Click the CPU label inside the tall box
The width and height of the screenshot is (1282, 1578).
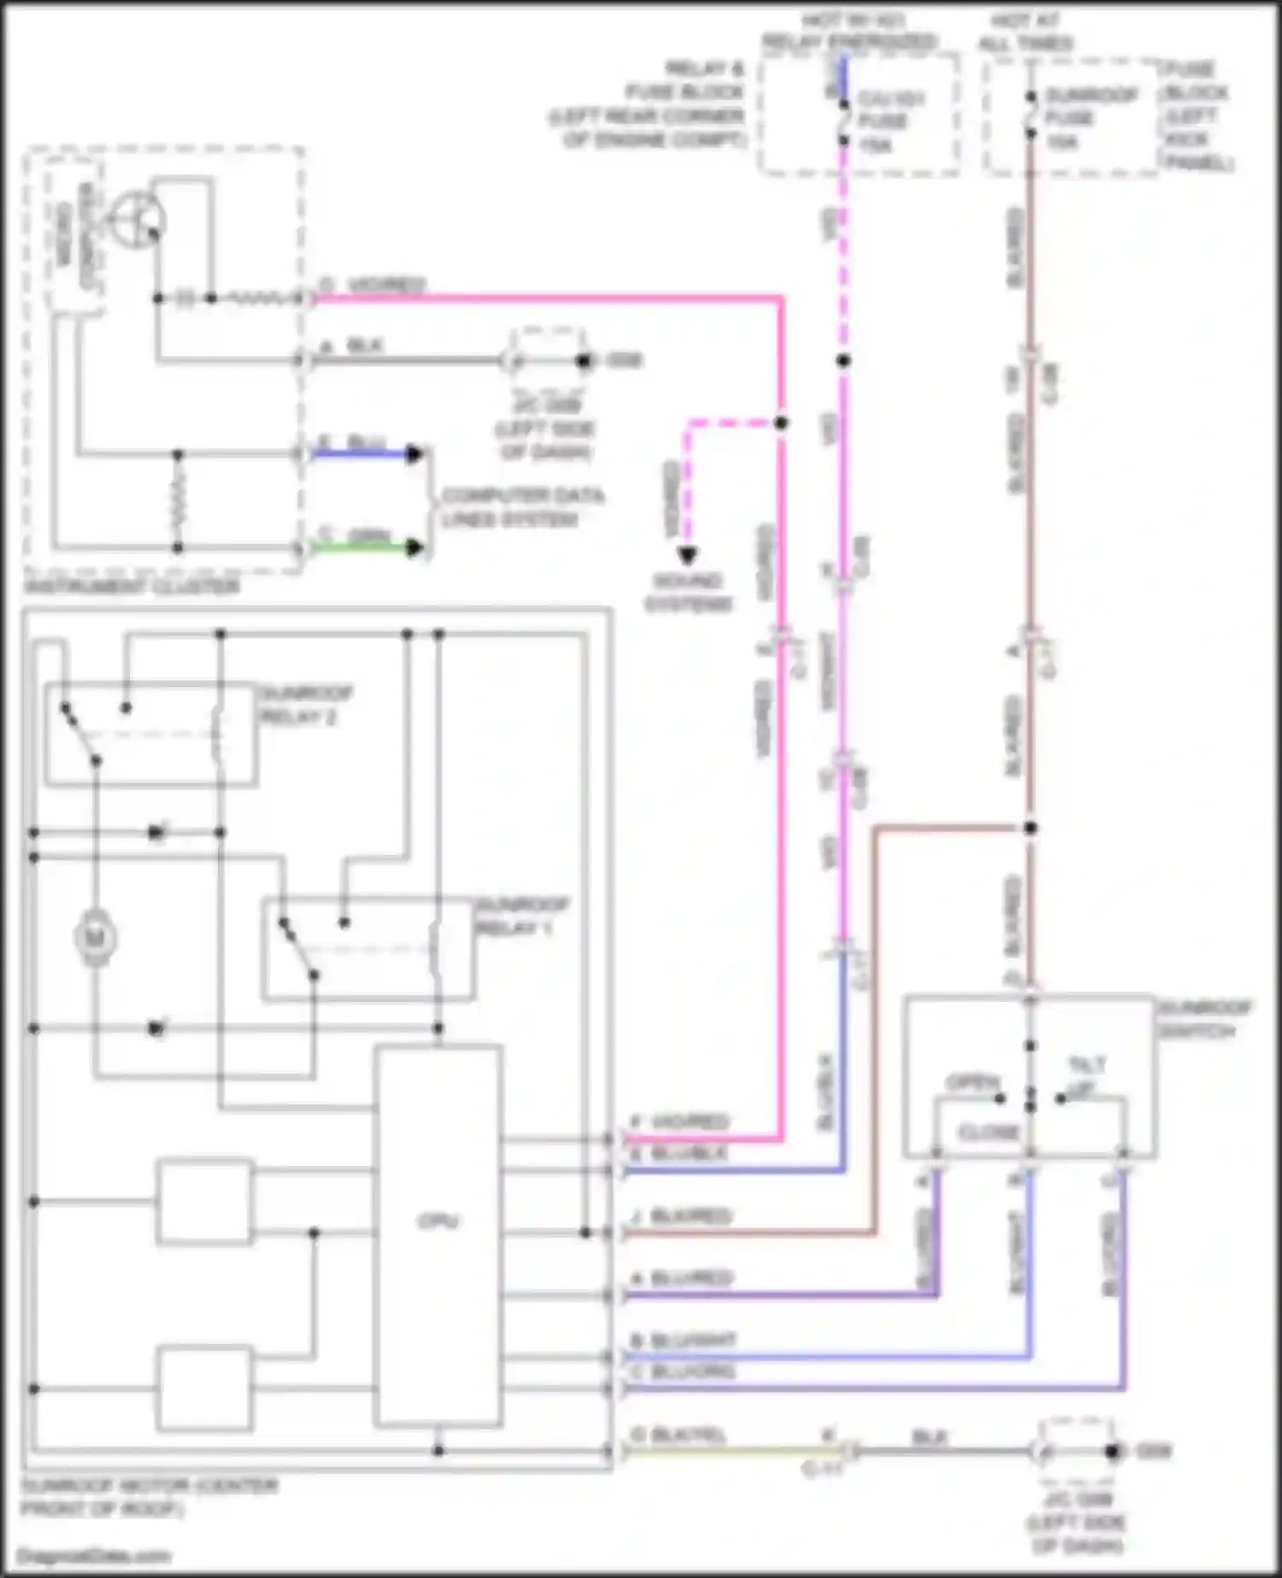click(x=438, y=1221)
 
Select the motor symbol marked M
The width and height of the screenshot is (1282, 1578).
click(x=96, y=939)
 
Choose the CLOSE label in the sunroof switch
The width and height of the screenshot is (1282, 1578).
click(x=989, y=1132)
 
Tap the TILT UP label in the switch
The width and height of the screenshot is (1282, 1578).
click(x=1085, y=1075)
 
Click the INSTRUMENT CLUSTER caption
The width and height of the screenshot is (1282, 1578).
click(x=132, y=586)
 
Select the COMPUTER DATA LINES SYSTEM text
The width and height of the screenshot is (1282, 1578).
click(x=521, y=508)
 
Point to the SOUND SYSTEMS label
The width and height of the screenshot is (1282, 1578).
click(x=688, y=592)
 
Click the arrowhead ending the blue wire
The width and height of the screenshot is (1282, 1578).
click(x=415, y=454)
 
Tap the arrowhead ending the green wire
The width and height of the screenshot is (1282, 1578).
click(x=415, y=548)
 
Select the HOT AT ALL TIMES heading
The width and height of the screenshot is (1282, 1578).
click(x=1026, y=31)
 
